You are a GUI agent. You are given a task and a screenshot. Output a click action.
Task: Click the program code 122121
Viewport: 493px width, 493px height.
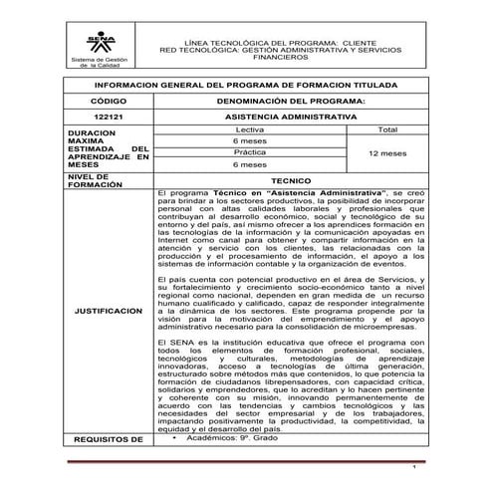click(105, 117)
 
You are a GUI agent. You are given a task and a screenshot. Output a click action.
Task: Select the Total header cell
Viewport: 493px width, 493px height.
click(382, 130)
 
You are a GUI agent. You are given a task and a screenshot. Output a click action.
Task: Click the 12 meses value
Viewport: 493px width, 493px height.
click(382, 154)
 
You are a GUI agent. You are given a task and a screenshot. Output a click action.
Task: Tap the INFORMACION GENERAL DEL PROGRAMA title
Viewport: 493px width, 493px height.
click(246, 86)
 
